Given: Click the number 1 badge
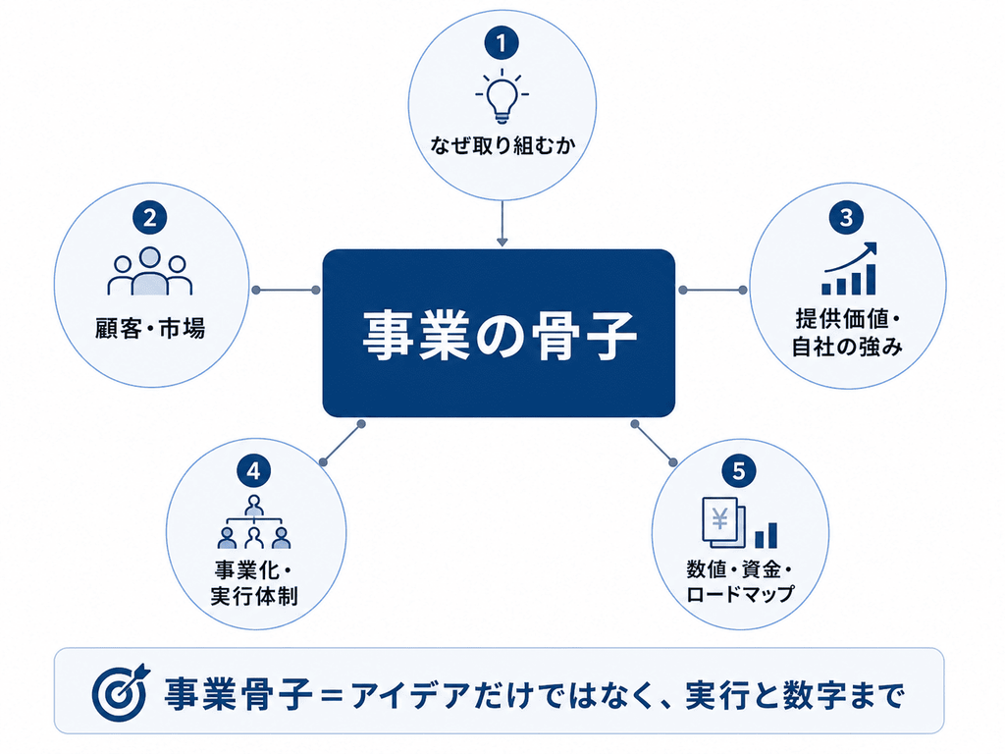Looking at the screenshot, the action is point(502,43).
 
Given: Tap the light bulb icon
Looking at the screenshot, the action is point(502,95).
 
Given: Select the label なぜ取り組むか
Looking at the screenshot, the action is point(502,145).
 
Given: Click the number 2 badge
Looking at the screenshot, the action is point(149,218).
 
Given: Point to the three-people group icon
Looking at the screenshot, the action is point(150,271).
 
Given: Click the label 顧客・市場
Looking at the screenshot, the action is point(150,328).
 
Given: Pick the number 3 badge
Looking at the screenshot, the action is point(846,217).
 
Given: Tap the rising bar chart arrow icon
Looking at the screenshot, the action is point(849,269).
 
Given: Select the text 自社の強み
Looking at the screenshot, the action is point(847,347).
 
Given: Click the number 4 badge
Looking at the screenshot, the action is point(254,471).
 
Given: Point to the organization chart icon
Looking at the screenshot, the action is point(254,522).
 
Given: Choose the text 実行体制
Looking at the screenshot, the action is point(254,596).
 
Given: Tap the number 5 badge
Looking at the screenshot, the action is point(738,471).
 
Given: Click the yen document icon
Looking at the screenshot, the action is point(724,522).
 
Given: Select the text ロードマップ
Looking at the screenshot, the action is point(740,594).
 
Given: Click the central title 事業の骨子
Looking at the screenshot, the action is point(500,335).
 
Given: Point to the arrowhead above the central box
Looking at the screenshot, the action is point(502,242).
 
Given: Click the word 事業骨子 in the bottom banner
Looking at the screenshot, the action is point(238,694).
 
